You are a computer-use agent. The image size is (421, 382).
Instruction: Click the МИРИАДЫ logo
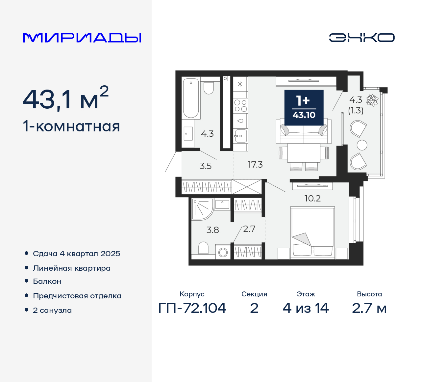82,38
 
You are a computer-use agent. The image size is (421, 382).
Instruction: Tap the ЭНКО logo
361,38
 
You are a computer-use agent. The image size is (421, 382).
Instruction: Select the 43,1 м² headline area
66,99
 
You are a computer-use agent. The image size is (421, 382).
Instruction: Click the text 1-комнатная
71,126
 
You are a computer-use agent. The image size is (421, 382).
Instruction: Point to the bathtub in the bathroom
191,98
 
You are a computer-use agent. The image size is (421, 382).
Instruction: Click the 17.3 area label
255,165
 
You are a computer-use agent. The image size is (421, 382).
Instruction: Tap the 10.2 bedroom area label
312,198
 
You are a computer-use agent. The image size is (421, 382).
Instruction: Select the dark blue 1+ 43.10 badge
304,108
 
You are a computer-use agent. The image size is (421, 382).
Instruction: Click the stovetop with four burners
240,106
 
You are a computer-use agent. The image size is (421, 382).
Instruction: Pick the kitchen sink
240,135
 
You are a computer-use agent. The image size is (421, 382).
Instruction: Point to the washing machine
223,252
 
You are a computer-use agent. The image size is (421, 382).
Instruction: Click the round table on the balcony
362,145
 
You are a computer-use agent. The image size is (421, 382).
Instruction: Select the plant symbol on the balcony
372,100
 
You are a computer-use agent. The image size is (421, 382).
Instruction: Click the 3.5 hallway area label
206,166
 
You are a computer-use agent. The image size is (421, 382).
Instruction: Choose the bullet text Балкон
47,282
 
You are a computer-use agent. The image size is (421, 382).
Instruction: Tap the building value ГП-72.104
192,308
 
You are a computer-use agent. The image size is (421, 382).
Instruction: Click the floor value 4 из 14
306,308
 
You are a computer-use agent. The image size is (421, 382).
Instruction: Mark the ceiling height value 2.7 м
369,308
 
